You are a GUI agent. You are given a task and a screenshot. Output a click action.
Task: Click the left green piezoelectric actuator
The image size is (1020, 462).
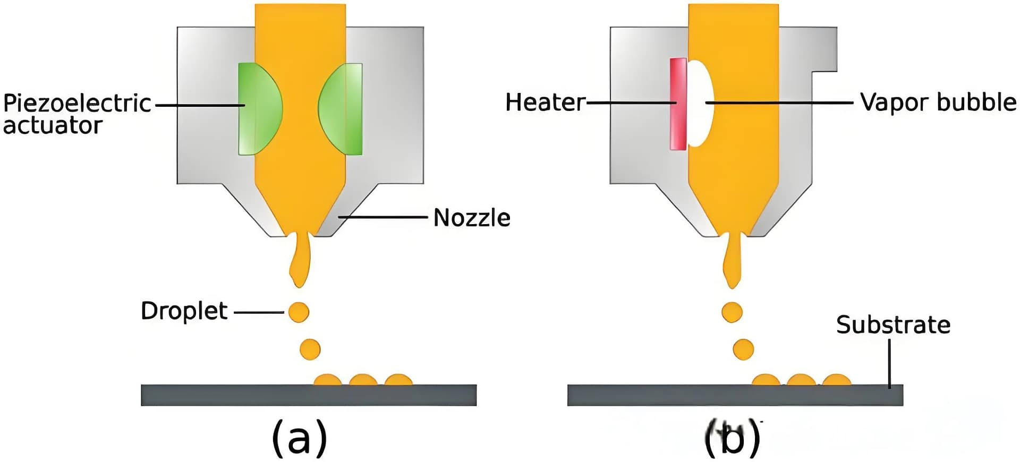(258, 109)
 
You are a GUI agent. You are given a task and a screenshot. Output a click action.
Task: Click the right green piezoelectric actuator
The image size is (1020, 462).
(342, 109)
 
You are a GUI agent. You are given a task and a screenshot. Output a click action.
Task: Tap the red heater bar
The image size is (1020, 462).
(678, 104)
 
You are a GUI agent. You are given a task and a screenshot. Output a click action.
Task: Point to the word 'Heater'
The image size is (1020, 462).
(545, 102)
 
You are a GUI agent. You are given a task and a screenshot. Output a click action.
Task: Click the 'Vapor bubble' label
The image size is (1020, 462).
(938, 102)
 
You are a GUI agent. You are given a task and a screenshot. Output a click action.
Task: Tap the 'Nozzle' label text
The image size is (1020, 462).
(472, 218)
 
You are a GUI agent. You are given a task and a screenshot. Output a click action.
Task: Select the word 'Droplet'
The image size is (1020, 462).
(184, 311)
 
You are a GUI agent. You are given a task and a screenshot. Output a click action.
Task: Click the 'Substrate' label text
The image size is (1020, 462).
(893, 324)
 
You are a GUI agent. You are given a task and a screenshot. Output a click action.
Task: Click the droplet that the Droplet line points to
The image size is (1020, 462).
(299, 312)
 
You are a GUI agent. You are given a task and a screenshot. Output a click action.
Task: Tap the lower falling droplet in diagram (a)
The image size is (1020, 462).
(310, 349)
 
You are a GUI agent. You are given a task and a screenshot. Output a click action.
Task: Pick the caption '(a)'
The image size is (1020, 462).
(299, 438)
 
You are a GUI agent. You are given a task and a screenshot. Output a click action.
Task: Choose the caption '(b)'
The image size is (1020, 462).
(733, 438)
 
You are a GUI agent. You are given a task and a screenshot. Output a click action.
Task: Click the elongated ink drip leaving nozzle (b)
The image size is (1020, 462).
(733, 263)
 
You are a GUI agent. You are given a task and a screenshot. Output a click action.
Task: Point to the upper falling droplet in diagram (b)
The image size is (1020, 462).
(732, 312)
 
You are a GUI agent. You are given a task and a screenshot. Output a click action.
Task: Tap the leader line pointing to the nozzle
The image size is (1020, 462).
(382, 217)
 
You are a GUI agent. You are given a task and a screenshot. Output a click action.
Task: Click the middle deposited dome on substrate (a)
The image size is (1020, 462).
(363, 380)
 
